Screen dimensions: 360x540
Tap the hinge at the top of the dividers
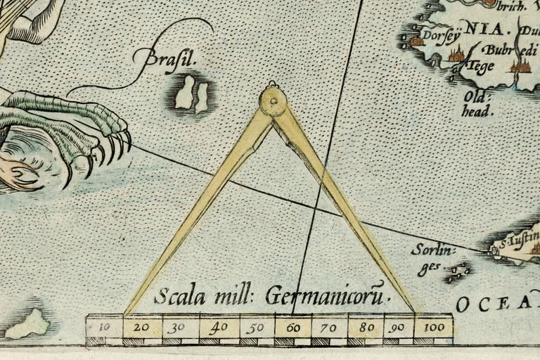pyautogui.click(x=273, y=103)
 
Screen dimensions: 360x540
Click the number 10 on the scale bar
pyautogui.click(x=103, y=327)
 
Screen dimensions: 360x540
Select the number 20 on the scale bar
pyautogui.click(x=141, y=327)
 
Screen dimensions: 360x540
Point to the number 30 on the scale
pyautogui.click(x=179, y=327)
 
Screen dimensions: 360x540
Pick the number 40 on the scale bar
pyautogui.click(x=217, y=327)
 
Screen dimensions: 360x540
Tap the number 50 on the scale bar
pyautogui.click(x=256, y=327)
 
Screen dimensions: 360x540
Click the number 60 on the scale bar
pyautogui.click(x=293, y=327)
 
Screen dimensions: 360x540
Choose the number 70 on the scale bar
pyautogui.click(x=329, y=327)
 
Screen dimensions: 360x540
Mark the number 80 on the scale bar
pyautogui.click(x=366, y=327)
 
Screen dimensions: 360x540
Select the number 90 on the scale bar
pyautogui.click(x=397, y=327)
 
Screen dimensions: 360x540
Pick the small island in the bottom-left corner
pyautogui.click(x=30, y=324)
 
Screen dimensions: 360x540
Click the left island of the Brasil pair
pyautogui.click(x=185, y=92)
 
